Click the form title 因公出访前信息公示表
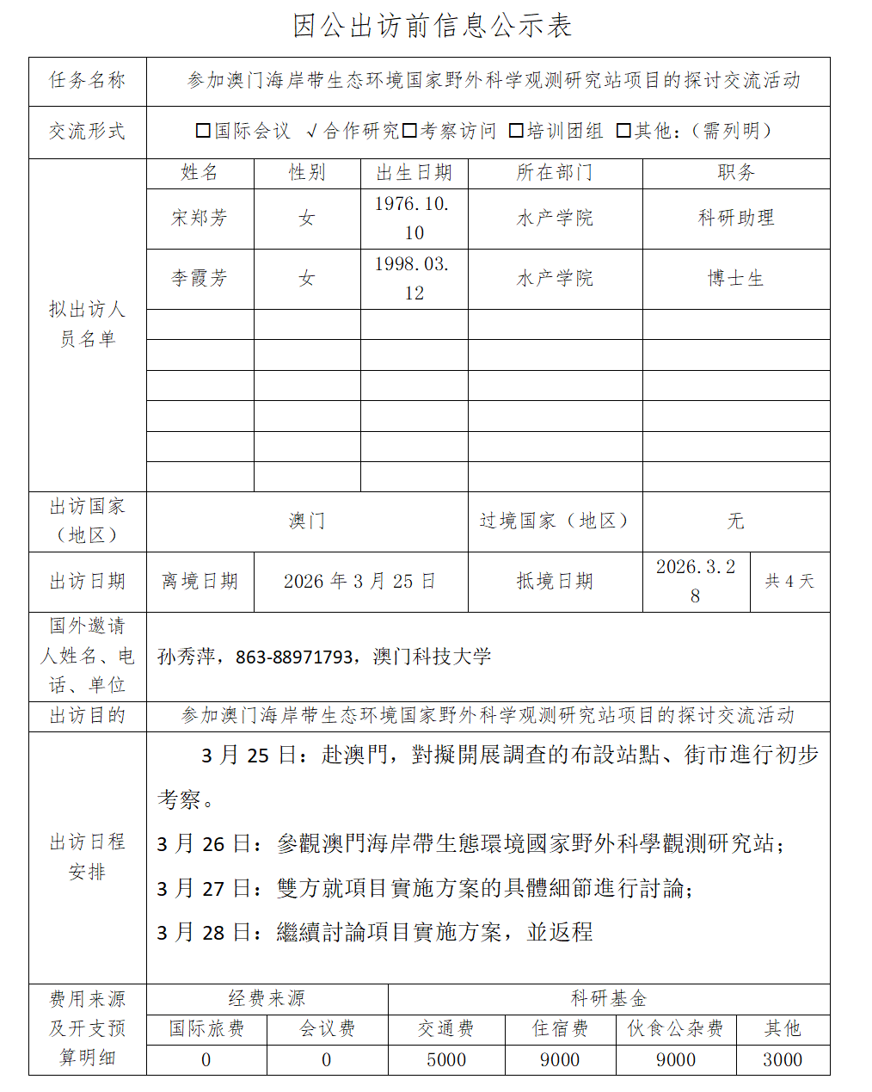pos(432,26)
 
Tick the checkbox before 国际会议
pos(204,131)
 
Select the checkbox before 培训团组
pos(516,131)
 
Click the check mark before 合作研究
pos(311,131)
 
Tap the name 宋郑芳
pos(200,219)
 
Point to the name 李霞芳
pos(200,279)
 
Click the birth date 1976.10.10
pos(414,219)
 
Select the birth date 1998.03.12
pos(414,279)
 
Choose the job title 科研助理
pos(736,219)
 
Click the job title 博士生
pos(736,279)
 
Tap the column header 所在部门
pos(555,173)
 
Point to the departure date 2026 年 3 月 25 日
pos(360,582)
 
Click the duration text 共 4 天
pos(789,582)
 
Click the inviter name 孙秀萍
pos(186,657)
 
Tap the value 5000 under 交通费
pos(446,1060)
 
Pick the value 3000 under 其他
pos(783,1060)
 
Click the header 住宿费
pos(560,1029)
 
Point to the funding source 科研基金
pos(609,998)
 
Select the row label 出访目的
pos(87,716)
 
